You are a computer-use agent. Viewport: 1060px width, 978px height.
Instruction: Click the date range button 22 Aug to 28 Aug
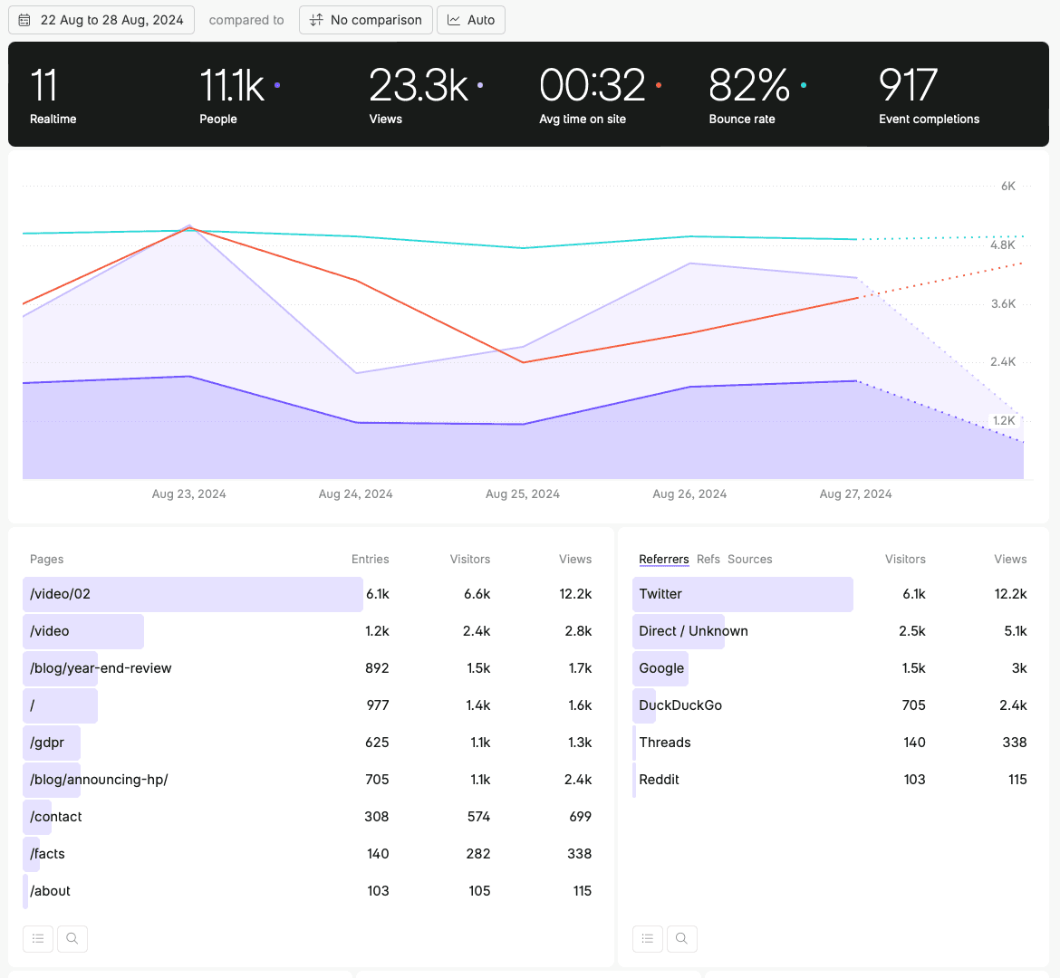101,20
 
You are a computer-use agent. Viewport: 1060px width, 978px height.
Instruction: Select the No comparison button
365,20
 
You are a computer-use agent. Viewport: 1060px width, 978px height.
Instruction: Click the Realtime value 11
43,86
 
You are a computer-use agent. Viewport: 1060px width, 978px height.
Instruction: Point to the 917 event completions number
908,86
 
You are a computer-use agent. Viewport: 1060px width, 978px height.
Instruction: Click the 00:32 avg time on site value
592,86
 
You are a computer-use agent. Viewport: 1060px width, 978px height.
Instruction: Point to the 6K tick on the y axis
1007,187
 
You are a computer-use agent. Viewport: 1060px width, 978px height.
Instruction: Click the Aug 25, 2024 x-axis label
523,494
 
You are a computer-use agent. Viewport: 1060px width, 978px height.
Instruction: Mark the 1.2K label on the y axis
1004,421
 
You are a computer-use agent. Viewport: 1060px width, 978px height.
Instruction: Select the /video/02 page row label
61,594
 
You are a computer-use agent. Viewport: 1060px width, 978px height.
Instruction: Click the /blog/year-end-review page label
101,668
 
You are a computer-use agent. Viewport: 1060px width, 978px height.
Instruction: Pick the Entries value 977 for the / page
378,705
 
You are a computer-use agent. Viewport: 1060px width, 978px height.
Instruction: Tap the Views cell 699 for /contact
580,817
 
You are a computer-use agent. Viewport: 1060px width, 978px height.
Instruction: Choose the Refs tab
708,560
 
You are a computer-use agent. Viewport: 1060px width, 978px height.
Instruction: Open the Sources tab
750,560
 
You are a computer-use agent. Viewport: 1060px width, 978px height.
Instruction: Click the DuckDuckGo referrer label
680,705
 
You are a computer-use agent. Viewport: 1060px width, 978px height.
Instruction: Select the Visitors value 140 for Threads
914,743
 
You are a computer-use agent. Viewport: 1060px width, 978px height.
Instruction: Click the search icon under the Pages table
72,938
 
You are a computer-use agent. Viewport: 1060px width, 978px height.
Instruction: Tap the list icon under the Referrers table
648,938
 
